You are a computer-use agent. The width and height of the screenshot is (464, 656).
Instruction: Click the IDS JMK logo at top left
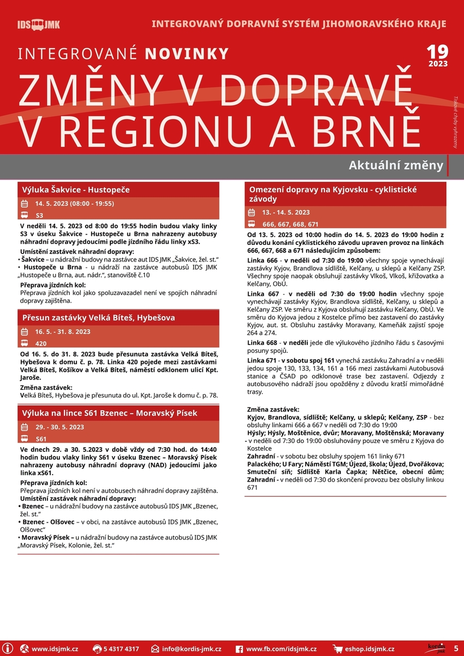pos(39,25)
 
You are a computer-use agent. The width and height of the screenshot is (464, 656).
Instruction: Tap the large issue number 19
pos(437,52)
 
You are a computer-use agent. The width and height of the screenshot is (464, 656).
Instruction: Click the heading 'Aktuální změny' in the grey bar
pos(395,166)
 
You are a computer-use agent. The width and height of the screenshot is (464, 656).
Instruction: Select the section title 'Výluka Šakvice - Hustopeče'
pos(76,190)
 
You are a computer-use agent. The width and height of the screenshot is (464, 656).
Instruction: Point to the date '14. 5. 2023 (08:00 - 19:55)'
pos(74,204)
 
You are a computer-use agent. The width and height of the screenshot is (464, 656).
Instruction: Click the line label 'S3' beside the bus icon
pos(40,215)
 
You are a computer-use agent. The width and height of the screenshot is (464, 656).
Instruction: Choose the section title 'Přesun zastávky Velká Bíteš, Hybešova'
pos(98,318)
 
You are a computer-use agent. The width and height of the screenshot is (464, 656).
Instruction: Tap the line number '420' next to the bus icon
pos(41,343)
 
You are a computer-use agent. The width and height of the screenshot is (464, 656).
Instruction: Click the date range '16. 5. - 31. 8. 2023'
pos(62,332)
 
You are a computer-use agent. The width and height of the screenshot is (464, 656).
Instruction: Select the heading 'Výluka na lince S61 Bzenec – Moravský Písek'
pos(109,413)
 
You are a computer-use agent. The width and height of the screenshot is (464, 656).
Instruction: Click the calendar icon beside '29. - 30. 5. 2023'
pos(24,427)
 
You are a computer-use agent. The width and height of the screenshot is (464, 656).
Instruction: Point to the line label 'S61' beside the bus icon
pos(41,439)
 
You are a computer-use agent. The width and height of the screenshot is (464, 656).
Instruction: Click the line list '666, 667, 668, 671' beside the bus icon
pos(290,224)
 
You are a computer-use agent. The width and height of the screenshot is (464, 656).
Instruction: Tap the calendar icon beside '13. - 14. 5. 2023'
pos(252,212)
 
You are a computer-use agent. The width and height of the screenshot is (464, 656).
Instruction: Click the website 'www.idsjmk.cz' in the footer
pos(55,649)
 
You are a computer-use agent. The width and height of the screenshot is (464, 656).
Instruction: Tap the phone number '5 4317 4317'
pos(121,649)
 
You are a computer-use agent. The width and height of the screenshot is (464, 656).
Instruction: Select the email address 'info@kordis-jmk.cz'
pos(191,649)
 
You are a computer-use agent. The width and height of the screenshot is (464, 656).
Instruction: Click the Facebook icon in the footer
pos(239,649)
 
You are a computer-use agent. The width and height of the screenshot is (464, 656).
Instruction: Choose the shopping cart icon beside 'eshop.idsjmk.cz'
pos(338,649)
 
